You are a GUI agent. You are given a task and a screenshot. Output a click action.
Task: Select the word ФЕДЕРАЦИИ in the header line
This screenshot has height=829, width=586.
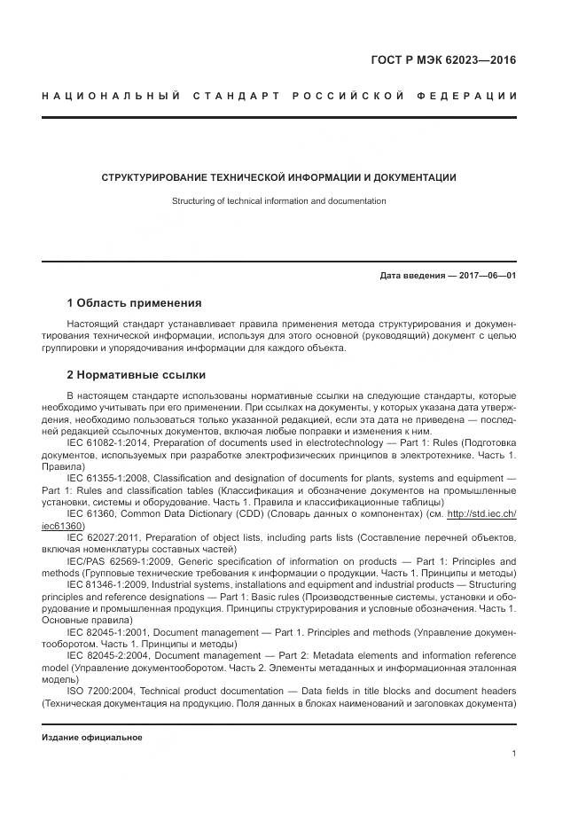pos(477,95)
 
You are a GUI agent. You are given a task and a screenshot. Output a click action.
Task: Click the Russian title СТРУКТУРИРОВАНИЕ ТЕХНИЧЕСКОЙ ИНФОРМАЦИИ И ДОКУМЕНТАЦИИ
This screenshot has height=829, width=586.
pos(278,177)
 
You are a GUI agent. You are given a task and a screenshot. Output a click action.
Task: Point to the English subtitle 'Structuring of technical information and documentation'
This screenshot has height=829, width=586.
pos(278,201)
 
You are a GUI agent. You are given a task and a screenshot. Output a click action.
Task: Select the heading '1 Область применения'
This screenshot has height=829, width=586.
pos(134,303)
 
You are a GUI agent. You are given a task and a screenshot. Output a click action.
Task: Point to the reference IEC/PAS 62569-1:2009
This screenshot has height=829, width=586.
pos(113,562)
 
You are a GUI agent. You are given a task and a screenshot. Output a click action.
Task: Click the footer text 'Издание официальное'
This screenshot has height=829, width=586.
pos(92,738)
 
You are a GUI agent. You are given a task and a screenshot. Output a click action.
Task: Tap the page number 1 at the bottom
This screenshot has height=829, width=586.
pos(513,754)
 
